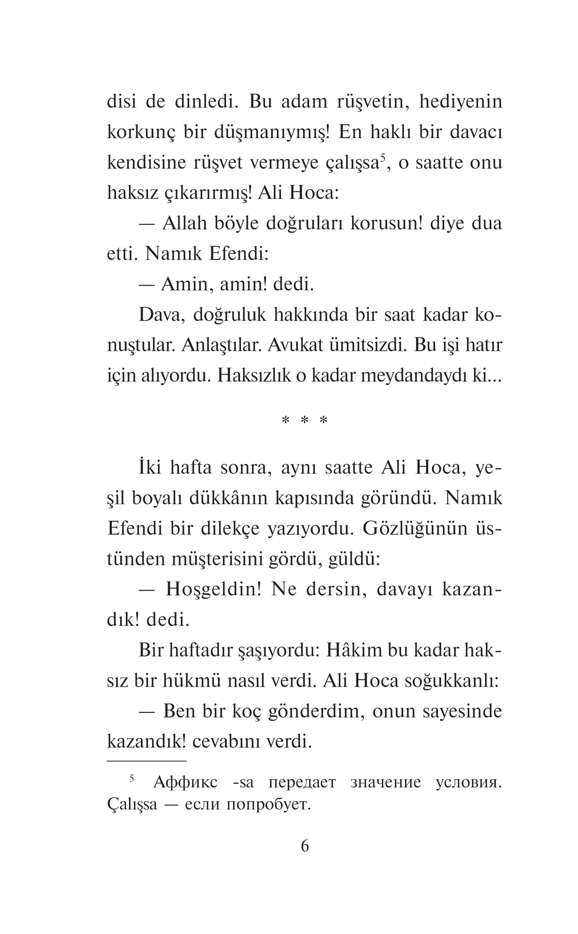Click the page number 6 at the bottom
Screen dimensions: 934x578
coord(305,846)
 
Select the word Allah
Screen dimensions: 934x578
coord(189,223)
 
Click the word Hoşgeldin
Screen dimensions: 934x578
coord(214,590)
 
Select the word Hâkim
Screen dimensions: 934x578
coord(354,650)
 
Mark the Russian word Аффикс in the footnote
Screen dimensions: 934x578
coord(186,783)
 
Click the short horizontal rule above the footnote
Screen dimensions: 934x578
coord(147,761)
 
